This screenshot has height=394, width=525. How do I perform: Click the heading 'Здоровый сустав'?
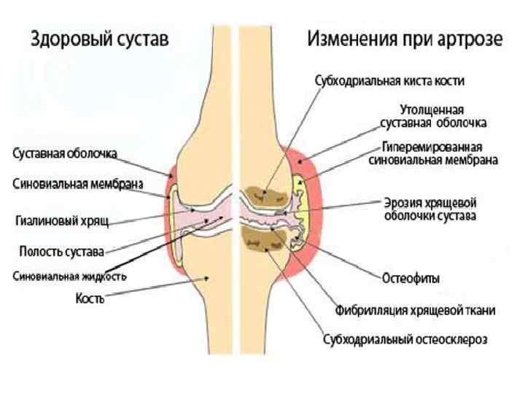pos(99,39)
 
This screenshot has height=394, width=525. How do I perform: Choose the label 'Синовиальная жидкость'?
pos(69,277)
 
